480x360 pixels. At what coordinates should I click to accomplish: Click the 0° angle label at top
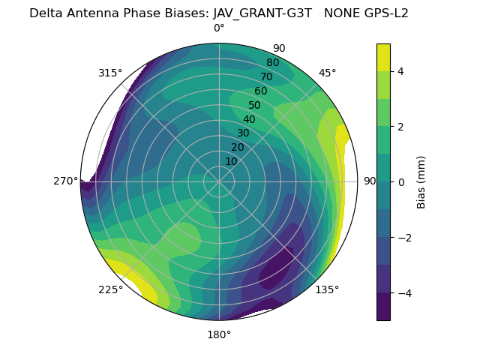pos(219,28)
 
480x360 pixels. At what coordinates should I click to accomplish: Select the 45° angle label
pos(327,73)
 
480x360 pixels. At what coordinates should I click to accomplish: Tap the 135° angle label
pos(327,289)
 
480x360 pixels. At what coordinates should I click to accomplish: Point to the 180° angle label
pos(219,334)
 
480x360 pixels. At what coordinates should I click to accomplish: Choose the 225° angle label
pos(110,289)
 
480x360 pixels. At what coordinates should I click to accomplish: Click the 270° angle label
pos(67,181)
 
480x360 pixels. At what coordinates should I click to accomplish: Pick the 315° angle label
pos(110,73)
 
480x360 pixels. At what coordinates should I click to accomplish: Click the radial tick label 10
pos(231,161)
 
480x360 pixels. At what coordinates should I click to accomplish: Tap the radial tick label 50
pos(254,106)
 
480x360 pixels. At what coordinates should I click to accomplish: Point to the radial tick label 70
pos(266,76)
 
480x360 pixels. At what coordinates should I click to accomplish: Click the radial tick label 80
pos(272,62)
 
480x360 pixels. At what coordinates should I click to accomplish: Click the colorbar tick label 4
pos(400,71)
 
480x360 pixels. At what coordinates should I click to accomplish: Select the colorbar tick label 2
pos(400,127)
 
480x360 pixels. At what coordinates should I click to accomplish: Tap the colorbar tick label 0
pos(400,182)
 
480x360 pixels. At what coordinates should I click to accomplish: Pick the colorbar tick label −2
pos(403,238)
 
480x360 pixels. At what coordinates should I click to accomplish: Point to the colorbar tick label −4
pos(403,293)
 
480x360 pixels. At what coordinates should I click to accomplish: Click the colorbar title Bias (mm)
pos(421,182)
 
